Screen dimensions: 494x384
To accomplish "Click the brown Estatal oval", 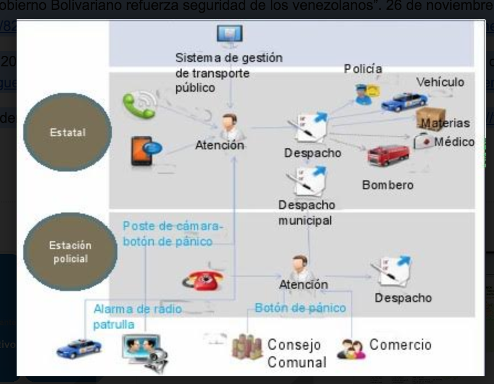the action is pyautogui.click(x=68, y=133).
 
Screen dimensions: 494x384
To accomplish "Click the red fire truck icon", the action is pyautogui.click(x=388, y=155).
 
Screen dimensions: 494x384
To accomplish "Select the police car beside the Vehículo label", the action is pyautogui.click(x=405, y=102).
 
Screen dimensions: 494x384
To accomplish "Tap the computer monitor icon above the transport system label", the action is pyautogui.click(x=229, y=35).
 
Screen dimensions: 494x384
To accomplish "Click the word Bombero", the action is pyautogui.click(x=388, y=185).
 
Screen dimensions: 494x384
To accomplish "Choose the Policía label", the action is pyautogui.click(x=363, y=69).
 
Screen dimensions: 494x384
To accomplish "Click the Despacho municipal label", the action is pyautogui.click(x=306, y=212).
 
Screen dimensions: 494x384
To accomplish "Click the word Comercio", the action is pyautogui.click(x=400, y=345).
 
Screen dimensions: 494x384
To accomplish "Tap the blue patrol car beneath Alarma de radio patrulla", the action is pyautogui.click(x=79, y=347).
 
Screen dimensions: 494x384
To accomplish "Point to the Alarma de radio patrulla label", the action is pyautogui.click(x=137, y=316).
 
